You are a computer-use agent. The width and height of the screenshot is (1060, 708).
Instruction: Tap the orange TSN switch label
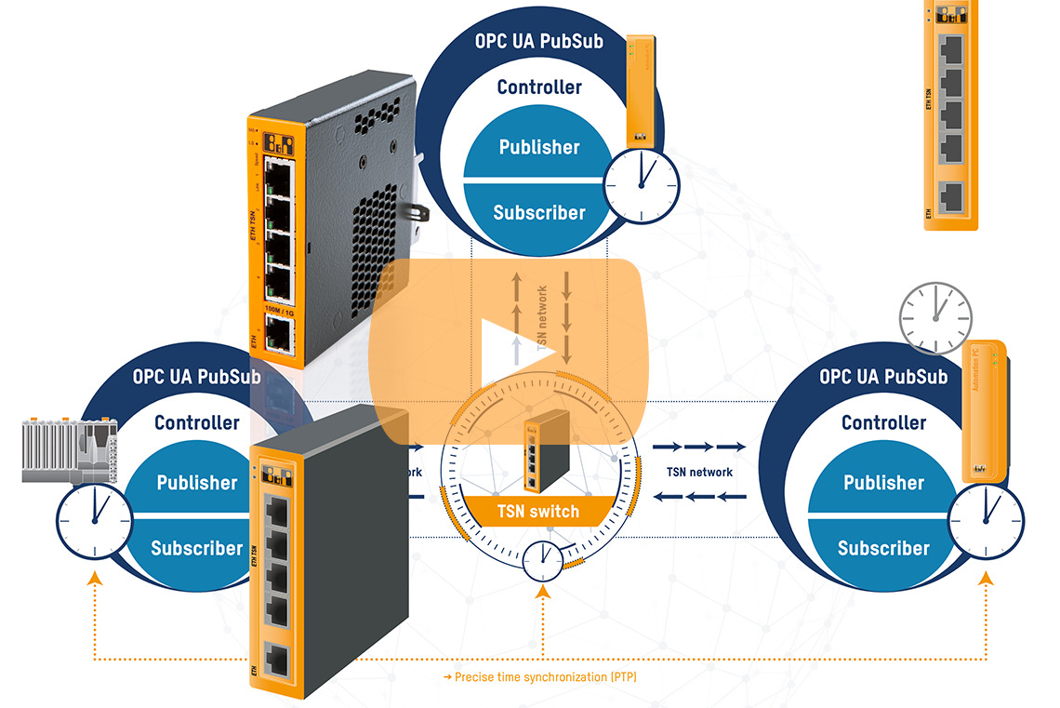pos(537,511)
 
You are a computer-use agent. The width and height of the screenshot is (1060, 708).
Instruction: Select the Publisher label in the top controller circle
pos(538,147)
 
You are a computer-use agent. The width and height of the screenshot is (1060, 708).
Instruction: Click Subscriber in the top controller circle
pos(538,212)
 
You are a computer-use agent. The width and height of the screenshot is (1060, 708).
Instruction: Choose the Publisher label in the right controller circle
pos(882,483)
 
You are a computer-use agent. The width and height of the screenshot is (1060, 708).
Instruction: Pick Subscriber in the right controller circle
pos(882,548)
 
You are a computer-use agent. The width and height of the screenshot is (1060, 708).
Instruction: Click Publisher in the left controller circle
pos(196,483)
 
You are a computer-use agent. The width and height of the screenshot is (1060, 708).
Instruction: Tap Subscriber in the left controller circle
pos(196,548)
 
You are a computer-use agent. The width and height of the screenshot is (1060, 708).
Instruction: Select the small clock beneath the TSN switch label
pos(541,561)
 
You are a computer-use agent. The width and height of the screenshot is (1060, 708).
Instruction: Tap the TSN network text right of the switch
pos(699,472)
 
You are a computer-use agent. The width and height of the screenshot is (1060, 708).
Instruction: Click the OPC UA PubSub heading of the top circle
pos(538,43)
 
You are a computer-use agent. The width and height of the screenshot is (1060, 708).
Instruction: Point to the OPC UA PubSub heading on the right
pos(882,377)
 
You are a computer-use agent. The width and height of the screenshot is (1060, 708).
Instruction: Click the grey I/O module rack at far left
pos(65,450)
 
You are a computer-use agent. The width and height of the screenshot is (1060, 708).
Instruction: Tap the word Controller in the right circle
pos(882,422)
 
